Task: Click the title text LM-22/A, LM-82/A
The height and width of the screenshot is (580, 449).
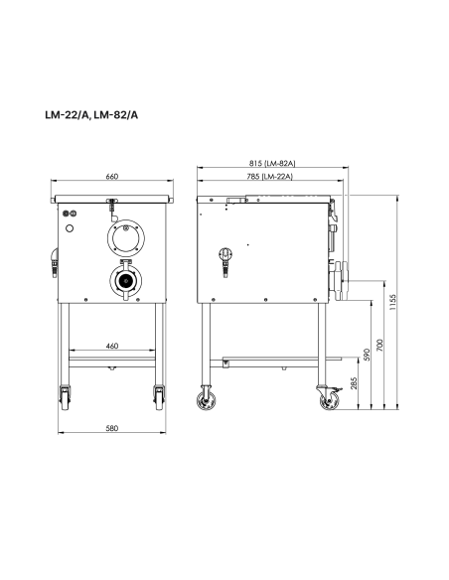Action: pyautogui.click(x=91, y=114)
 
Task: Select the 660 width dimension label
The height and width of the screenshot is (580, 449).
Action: pyautogui.click(x=111, y=177)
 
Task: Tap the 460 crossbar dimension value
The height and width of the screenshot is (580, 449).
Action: pyautogui.click(x=111, y=346)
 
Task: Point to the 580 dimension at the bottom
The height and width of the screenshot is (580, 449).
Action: pyautogui.click(x=111, y=428)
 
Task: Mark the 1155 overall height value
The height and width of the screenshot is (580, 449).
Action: pyautogui.click(x=394, y=302)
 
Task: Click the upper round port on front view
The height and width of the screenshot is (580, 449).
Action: pyautogui.click(x=127, y=237)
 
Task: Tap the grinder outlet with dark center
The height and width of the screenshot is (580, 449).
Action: pyautogui.click(x=127, y=280)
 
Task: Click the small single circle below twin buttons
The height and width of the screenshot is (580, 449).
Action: pyautogui.click(x=70, y=228)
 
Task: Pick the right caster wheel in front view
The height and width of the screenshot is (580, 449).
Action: pyautogui.click(x=158, y=396)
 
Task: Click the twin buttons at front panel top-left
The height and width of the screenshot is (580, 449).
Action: pyautogui.click(x=70, y=213)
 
